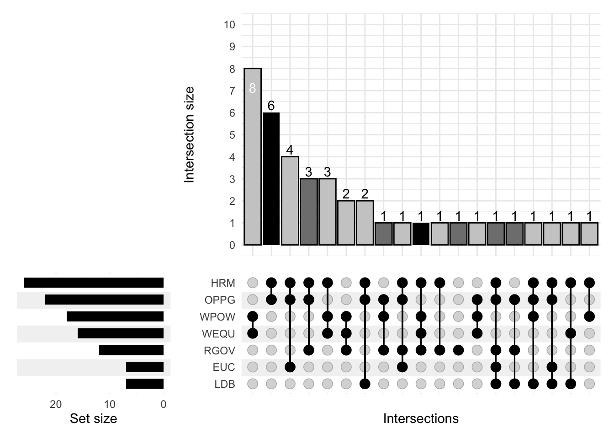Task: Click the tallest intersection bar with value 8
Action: pyautogui.click(x=253, y=156)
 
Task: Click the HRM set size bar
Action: pyautogui.click(x=94, y=283)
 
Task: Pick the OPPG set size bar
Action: pyautogui.click(x=104, y=300)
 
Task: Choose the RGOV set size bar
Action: pyautogui.click(x=131, y=350)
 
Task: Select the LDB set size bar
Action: pyautogui.click(x=145, y=384)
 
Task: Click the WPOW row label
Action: pyautogui.click(x=217, y=317)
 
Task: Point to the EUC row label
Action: pyautogui.click(x=223, y=367)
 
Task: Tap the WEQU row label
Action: pyautogui.click(x=218, y=334)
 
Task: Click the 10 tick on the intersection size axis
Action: pyautogui.click(x=229, y=25)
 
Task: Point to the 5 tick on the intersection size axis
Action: pyautogui.click(x=232, y=135)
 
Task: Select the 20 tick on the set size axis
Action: pyautogui.click(x=56, y=404)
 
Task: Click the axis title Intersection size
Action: pyautogui.click(x=189, y=135)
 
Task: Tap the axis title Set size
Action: pyautogui.click(x=93, y=418)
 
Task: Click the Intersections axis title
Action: pyautogui.click(x=421, y=418)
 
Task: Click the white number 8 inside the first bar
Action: pyautogui.click(x=252, y=88)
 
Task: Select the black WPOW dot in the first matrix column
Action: pyautogui.click(x=253, y=316)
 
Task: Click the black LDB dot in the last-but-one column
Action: pyautogui.click(x=571, y=384)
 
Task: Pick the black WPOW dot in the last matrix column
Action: pyautogui.click(x=589, y=316)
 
